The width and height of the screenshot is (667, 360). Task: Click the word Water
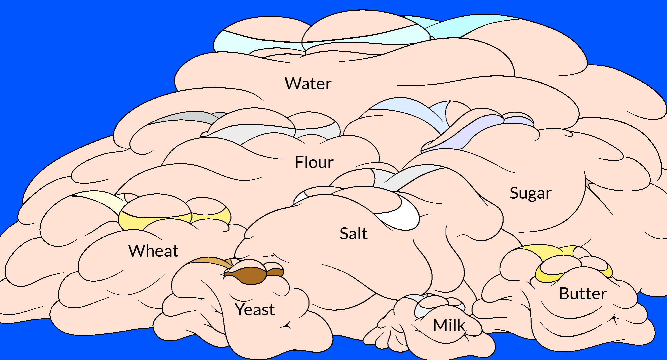point(308,84)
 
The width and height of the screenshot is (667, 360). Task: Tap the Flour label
point(314,162)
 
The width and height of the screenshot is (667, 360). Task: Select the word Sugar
point(531,193)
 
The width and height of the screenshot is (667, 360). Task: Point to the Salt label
point(354,234)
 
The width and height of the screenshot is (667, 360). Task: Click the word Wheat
point(153,251)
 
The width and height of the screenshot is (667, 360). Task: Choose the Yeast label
point(255,310)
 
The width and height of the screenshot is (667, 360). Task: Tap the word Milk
point(449,325)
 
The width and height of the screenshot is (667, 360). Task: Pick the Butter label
point(583,294)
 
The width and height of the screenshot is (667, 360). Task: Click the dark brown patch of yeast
point(250,275)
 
